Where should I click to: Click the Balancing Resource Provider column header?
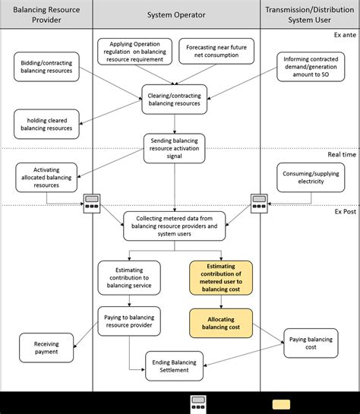[x=46, y=14]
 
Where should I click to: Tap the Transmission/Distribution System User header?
[x=310, y=14]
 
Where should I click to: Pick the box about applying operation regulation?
[x=131, y=51]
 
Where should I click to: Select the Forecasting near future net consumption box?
[x=217, y=52]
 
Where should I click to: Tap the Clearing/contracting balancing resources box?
[x=175, y=99]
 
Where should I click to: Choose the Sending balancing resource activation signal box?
[x=175, y=148]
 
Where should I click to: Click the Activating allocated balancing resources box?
[x=46, y=176]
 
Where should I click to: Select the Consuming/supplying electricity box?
[x=310, y=176]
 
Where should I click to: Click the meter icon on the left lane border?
[x=93, y=204]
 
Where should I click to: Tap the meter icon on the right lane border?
[x=261, y=204]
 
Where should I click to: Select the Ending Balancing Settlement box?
[x=175, y=365]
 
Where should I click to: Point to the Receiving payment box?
[x=46, y=348]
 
